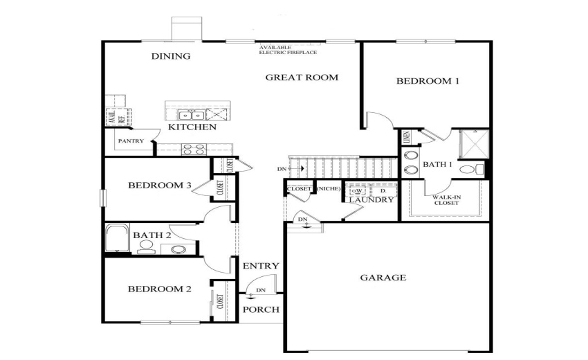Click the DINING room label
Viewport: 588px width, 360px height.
171,57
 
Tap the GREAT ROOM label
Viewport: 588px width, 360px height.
302,78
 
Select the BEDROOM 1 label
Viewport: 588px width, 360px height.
428,81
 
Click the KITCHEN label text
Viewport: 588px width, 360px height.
193,127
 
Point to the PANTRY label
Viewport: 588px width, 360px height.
131,141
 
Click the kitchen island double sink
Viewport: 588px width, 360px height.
187,115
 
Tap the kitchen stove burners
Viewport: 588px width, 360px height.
193,148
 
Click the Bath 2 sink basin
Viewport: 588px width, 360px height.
178,249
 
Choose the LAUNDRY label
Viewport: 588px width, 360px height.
371,200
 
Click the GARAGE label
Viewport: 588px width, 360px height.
383,278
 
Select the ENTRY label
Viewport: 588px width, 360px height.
261,266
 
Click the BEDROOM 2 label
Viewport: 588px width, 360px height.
159,289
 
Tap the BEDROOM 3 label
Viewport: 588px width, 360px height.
159,186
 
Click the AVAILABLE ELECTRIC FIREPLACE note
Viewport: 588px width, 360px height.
288,49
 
